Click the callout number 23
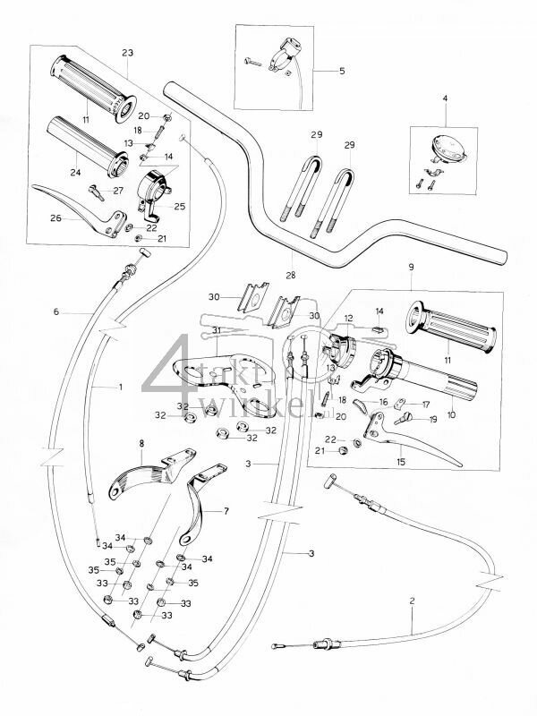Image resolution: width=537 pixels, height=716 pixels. [x=125, y=51]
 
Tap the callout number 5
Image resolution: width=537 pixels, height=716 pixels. [x=342, y=68]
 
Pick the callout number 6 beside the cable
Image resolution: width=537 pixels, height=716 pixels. [x=56, y=311]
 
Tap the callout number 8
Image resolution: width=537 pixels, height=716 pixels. [x=141, y=444]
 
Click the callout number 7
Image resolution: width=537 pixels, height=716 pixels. [x=226, y=512]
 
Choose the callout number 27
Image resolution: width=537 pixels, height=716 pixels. [x=118, y=191]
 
